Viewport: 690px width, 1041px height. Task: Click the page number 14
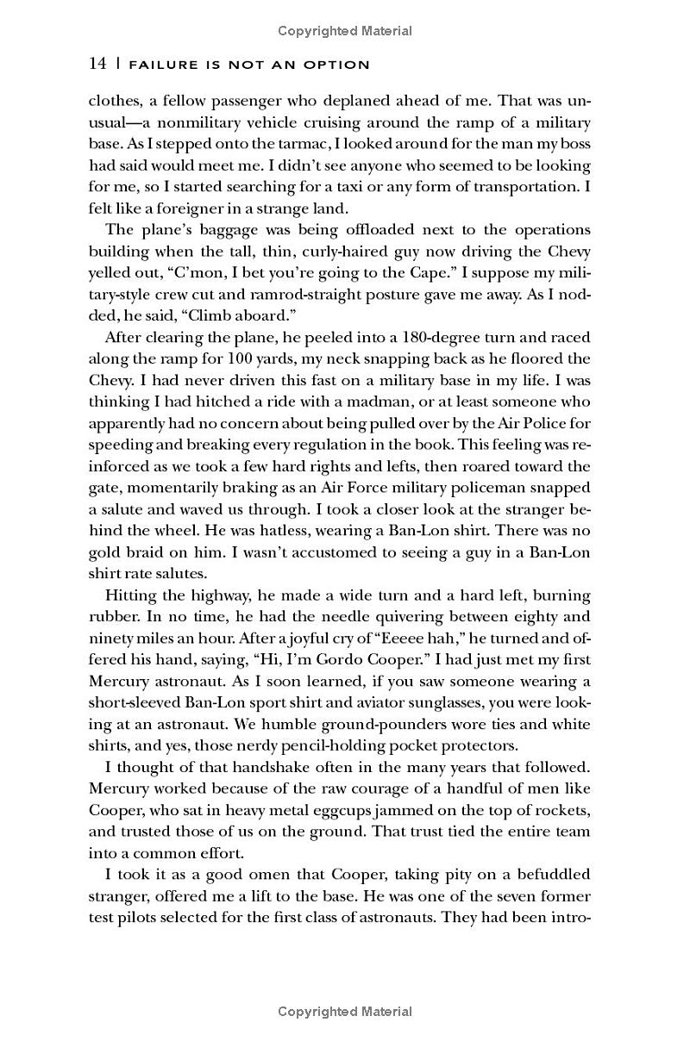pyautogui.click(x=97, y=64)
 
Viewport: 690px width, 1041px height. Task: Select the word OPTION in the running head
pyautogui.click(x=339, y=65)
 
